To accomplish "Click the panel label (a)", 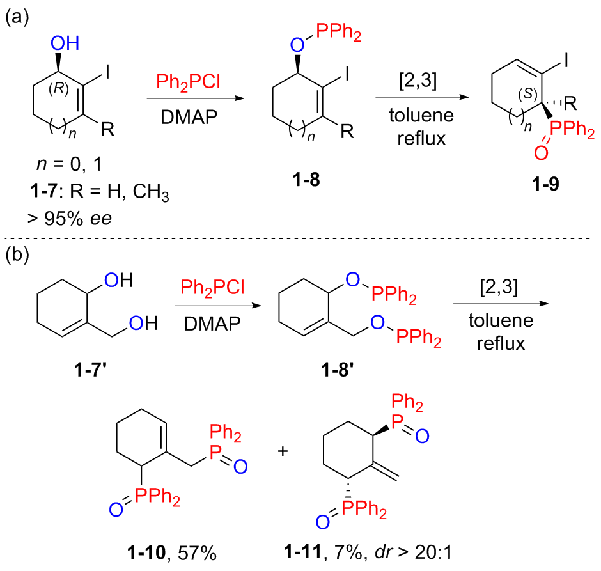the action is [17, 18].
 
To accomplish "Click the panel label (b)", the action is [17, 255].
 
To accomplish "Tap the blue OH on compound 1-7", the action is [65, 43].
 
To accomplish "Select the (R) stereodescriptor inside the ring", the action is [59, 88].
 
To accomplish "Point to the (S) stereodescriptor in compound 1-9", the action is [527, 94].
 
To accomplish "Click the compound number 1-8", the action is [306, 179].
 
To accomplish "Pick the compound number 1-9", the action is [545, 184].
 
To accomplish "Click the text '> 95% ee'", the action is [70, 219].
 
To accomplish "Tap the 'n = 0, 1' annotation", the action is [70, 164].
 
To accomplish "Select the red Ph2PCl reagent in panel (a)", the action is [188, 82].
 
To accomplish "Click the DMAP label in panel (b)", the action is [212, 324].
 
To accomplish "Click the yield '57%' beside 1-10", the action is [197, 553].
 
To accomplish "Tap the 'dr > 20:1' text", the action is [414, 552].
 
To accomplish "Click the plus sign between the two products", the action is [283, 451].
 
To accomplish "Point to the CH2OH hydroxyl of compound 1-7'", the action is [143, 323].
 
